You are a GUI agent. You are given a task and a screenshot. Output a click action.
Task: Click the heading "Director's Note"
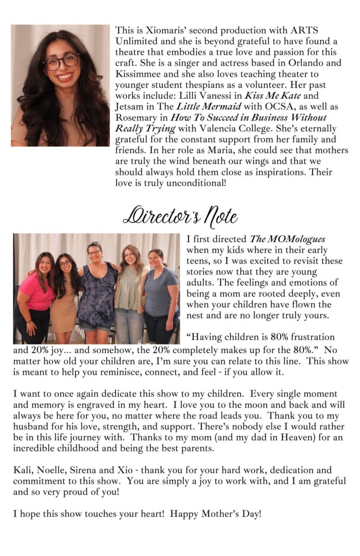pyautogui.click(x=180, y=216)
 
